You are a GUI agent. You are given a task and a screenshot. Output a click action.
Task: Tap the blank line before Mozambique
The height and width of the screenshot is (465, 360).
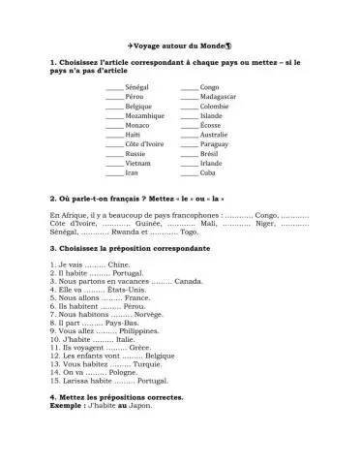(x=115, y=115)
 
